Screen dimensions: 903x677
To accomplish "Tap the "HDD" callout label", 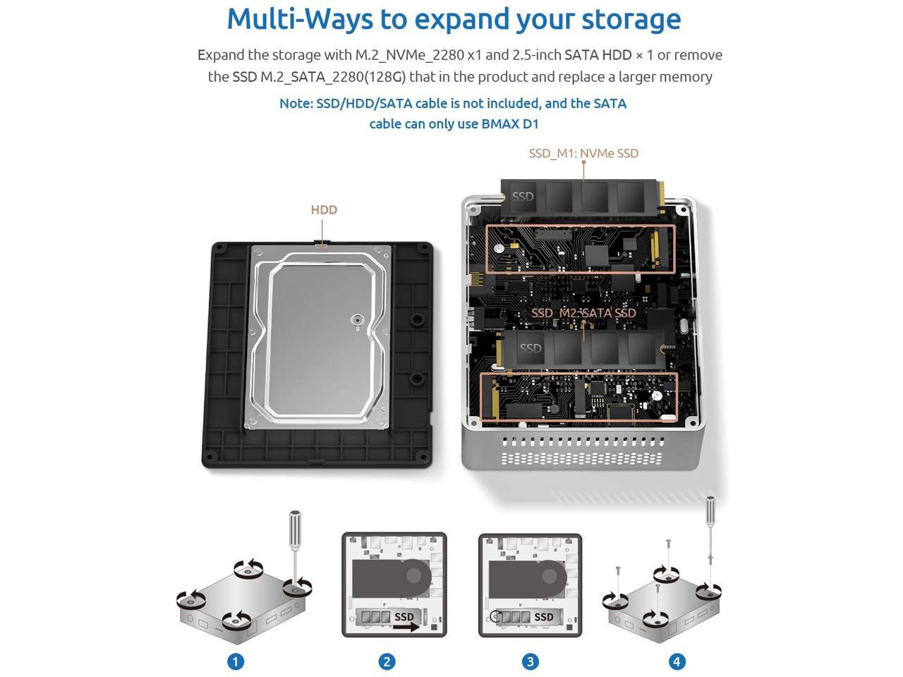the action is (x=324, y=210).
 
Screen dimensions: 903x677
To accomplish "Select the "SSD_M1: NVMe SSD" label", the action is (x=583, y=153).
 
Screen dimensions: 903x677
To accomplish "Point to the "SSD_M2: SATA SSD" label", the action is (x=583, y=313).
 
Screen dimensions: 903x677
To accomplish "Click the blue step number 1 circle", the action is (x=236, y=661).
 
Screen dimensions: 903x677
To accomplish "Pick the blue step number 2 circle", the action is (x=387, y=661).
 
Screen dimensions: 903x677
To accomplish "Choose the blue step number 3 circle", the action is (x=530, y=661).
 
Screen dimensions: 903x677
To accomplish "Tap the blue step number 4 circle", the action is (x=677, y=661).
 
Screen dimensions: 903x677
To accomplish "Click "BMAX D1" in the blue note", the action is (x=510, y=123).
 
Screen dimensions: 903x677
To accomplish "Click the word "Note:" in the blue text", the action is (x=296, y=104).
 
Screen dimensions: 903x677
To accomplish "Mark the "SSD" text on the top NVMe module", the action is (x=523, y=197).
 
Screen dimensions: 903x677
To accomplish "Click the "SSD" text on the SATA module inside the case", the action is (x=531, y=348).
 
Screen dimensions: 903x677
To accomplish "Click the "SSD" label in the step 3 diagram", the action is (x=543, y=616).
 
